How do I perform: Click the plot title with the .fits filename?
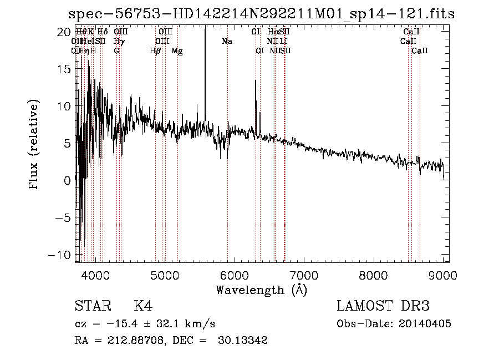261,14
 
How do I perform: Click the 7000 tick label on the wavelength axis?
303,275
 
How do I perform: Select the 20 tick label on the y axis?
64,32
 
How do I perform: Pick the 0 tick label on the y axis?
67,180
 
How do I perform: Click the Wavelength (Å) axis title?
261,289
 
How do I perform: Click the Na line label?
227,42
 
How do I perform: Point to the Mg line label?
177,51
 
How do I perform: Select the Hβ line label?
155,51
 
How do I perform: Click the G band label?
116,51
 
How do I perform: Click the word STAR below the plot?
91,307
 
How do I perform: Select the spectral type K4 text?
143,307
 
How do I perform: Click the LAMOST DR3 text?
383,307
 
